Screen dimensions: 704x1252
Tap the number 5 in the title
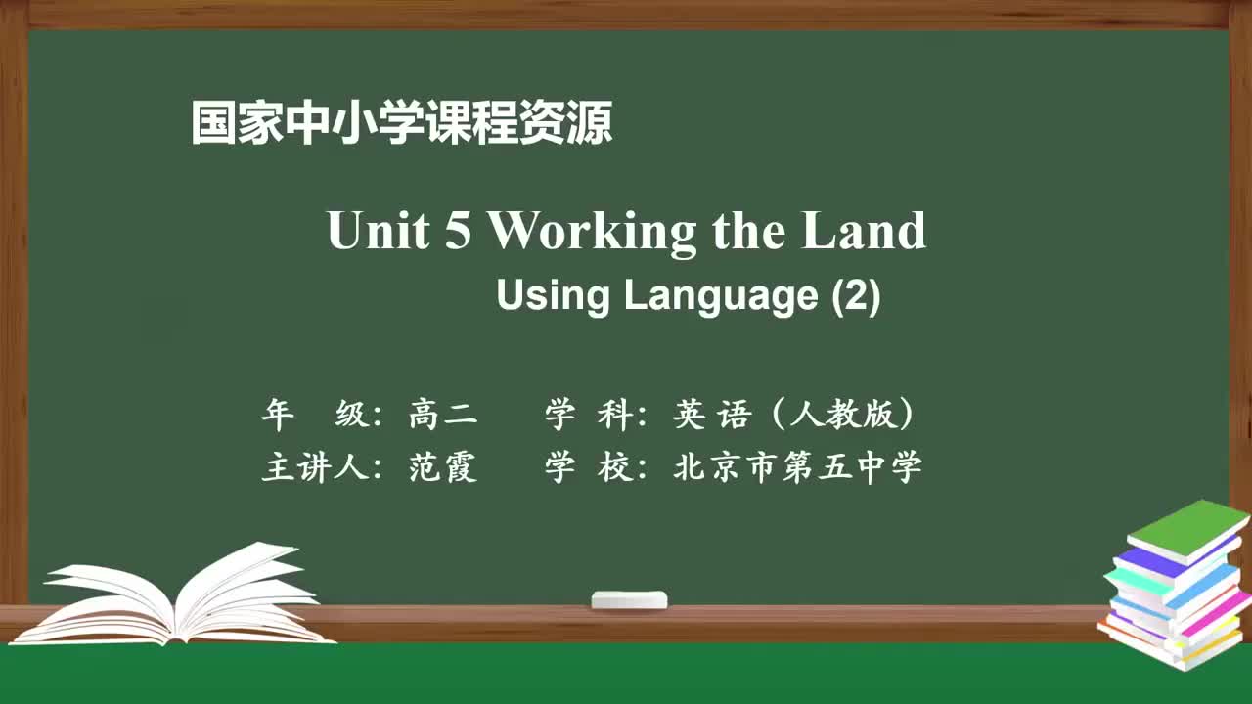point(458,232)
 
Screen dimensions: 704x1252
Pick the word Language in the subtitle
point(721,296)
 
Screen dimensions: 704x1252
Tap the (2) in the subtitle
point(856,295)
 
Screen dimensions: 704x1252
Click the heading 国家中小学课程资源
point(401,124)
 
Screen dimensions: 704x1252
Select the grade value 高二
point(443,416)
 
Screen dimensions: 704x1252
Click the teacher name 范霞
point(443,467)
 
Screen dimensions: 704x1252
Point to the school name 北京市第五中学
point(798,467)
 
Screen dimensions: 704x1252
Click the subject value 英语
point(711,416)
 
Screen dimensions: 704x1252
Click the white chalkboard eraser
point(629,599)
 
